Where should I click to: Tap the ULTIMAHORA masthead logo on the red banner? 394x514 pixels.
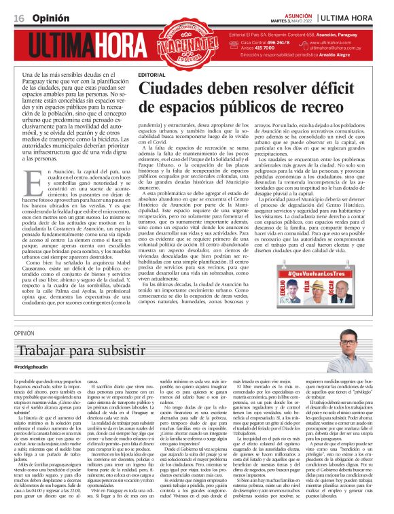(x=80, y=48)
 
